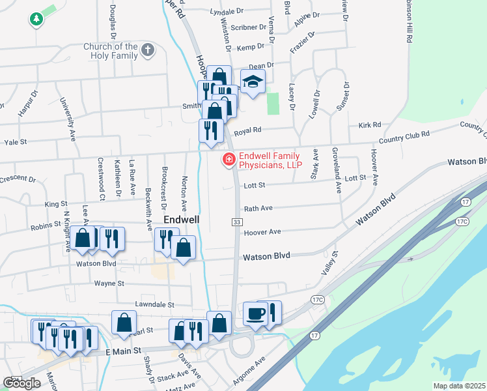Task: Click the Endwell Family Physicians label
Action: (x=270, y=160)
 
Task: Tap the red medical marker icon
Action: (x=229, y=159)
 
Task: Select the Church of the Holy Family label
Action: (x=111, y=51)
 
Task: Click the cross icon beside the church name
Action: (x=148, y=49)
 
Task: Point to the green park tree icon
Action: (x=35, y=20)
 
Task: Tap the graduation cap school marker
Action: (x=253, y=81)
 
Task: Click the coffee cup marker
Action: (x=255, y=313)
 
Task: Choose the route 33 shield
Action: (x=237, y=223)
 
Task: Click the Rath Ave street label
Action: (x=257, y=209)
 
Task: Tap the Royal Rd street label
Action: (x=247, y=130)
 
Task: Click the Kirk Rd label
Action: (x=369, y=124)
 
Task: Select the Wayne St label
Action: (x=109, y=283)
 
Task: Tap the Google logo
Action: (x=21, y=383)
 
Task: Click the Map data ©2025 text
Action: (x=459, y=386)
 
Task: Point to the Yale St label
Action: (x=15, y=141)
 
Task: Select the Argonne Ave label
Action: (x=250, y=369)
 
